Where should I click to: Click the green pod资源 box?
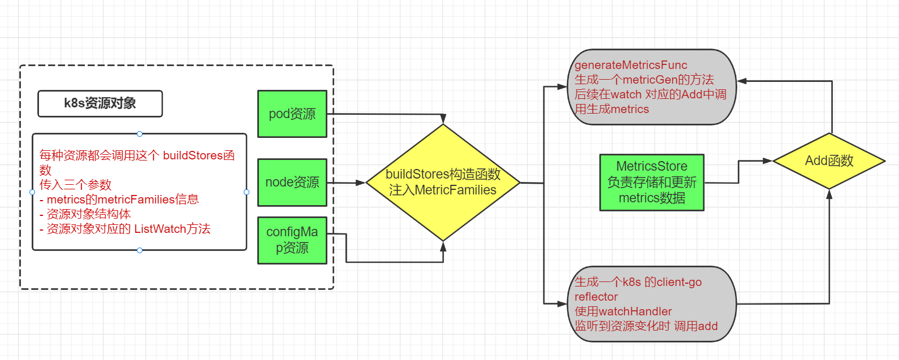[x=292, y=114]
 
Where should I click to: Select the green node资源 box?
[x=292, y=183]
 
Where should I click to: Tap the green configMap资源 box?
[x=292, y=240]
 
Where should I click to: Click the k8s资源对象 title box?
[x=100, y=103]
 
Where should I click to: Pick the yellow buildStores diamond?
[x=443, y=183]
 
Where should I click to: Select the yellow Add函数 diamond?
[x=829, y=161]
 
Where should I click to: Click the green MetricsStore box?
[x=652, y=183]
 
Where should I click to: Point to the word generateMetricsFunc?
[x=630, y=65]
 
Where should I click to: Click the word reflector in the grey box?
[x=596, y=297]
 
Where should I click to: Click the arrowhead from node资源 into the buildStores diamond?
[x=360, y=183]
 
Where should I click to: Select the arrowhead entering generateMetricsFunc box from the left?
[x=562, y=86]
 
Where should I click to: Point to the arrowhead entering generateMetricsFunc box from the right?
[x=742, y=81]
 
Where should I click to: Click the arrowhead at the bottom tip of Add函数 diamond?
[x=829, y=194]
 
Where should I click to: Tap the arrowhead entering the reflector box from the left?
[x=562, y=304]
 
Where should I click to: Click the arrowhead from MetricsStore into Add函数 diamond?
[x=767, y=161]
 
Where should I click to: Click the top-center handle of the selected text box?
[x=140, y=133]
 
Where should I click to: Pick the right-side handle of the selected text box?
[x=247, y=192]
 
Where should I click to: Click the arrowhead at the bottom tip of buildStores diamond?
[x=443, y=247]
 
